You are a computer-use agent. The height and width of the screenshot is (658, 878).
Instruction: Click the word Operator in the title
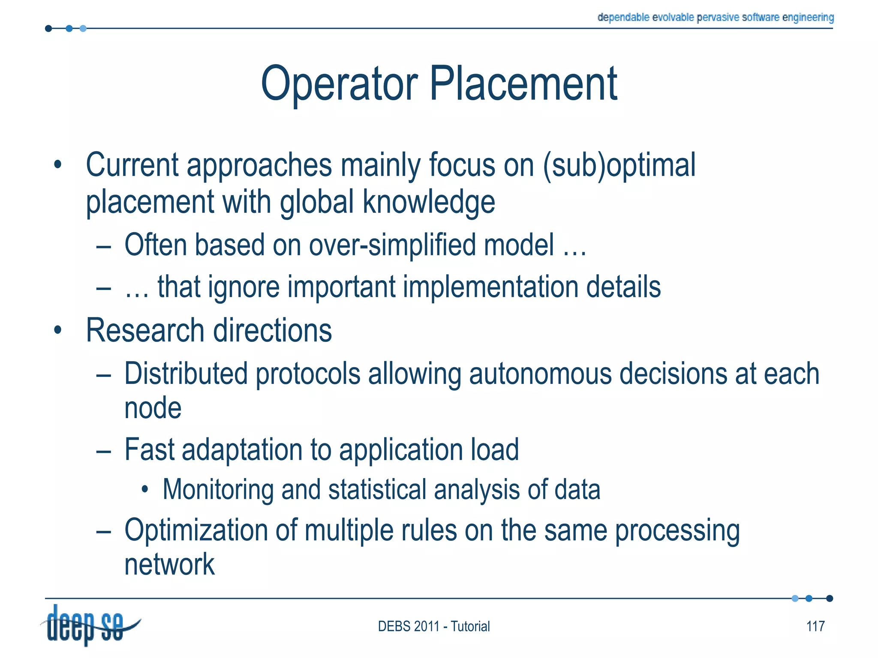[339, 84]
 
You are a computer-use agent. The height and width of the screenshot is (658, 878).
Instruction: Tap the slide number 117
[815, 626]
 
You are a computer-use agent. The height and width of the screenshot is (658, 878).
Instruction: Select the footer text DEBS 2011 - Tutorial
[433, 626]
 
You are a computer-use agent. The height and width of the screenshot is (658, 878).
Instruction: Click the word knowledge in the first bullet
[429, 202]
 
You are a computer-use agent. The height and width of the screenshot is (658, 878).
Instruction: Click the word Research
[145, 331]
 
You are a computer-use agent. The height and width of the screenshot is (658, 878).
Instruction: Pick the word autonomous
[540, 374]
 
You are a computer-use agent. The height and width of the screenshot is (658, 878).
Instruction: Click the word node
[153, 408]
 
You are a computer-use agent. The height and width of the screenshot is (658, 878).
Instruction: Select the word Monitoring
[218, 490]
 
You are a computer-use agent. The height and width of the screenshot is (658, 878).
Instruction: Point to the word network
[169, 565]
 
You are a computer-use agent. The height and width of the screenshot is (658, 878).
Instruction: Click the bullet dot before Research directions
[58, 331]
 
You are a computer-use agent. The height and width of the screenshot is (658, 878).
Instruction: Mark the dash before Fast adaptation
[103, 451]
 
